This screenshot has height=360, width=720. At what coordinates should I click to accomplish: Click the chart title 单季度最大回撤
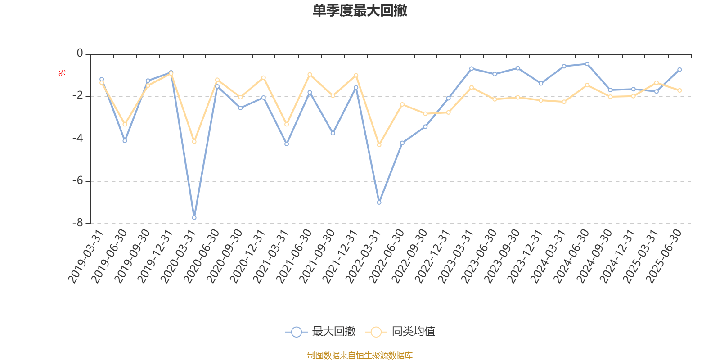pos(360,11)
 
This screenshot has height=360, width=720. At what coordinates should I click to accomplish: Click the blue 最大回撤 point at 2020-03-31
pos(194,218)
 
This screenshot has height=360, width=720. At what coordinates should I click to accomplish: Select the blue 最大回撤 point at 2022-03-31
pos(379,202)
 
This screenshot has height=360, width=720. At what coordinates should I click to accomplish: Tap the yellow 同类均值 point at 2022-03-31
pos(379,145)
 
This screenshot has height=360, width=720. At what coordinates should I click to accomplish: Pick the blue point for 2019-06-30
pos(125,141)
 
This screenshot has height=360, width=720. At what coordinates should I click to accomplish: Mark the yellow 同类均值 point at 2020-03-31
pos(194,142)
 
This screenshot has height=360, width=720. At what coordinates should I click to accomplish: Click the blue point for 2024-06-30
pos(587,64)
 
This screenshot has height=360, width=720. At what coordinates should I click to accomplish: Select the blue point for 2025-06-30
pos(679,70)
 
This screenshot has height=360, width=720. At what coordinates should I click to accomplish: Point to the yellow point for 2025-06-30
pos(679,90)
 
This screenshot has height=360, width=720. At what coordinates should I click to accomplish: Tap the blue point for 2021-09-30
pos(333,133)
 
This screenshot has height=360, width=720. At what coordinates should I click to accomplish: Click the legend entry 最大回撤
pos(320,332)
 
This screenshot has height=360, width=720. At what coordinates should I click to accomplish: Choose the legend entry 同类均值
pos(400,332)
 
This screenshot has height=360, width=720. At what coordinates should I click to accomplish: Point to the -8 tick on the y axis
pos(78,223)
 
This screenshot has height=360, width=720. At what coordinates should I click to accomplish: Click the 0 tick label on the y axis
pos(80,54)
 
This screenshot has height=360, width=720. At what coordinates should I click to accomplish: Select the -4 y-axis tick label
pos(78,139)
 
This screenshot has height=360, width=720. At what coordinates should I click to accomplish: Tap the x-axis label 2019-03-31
pos(86,257)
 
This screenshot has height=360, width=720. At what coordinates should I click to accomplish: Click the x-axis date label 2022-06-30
pos(387,257)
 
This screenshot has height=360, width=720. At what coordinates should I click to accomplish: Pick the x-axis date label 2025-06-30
pos(664,257)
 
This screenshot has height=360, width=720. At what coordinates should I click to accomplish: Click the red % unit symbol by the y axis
pos(62,73)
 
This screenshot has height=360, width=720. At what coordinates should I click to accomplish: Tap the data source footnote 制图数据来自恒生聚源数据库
pos(360,355)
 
